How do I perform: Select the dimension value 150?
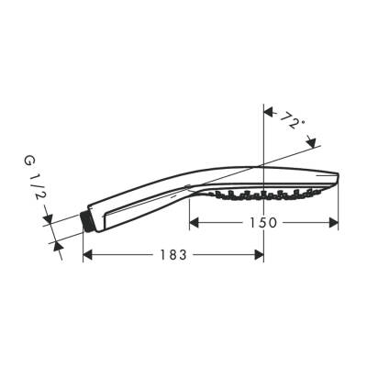[263, 223]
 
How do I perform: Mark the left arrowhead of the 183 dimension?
[87, 254]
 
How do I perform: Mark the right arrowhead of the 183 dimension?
[260, 254]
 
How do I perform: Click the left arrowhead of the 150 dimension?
[194, 222]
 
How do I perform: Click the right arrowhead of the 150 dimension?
[334, 222]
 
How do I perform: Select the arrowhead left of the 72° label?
[269, 113]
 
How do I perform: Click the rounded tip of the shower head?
[337, 179]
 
